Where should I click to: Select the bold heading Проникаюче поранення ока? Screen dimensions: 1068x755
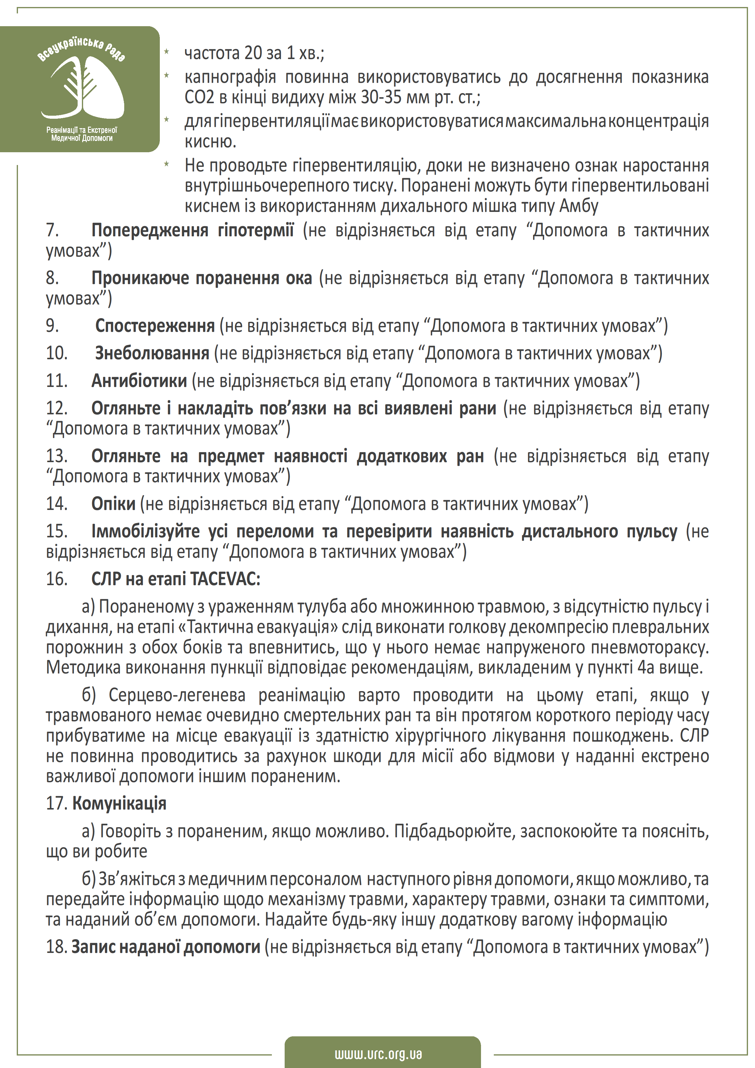click(x=202, y=278)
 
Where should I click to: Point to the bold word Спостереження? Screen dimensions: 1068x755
click(x=155, y=326)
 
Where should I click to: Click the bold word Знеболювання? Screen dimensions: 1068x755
click(x=152, y=353)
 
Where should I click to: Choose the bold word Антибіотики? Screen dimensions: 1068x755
click(x=139, y=381)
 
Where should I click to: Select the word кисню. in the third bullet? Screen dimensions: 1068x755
click(x=210, y=141)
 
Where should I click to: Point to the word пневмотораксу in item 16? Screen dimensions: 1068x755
click(x=654, y=647)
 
